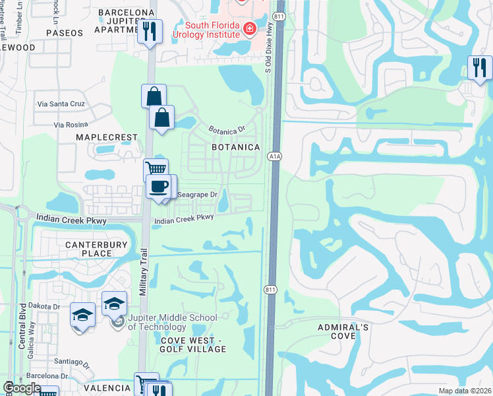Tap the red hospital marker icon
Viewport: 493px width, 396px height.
[249, 28]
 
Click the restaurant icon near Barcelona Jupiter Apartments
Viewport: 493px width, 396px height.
[150, 31]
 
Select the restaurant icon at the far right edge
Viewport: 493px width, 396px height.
[479, 67]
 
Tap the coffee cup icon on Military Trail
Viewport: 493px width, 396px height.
[159, 187]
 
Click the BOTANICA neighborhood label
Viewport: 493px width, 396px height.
[235, 147]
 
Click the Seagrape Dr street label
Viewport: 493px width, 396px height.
[197, 195]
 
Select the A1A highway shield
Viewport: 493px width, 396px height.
[275, 156]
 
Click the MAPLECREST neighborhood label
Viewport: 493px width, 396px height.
[107, 137]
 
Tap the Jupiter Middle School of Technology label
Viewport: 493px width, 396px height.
[172, 322]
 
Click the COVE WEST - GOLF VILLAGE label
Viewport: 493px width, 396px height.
[193, 344]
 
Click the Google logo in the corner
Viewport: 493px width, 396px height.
[22, 388]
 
